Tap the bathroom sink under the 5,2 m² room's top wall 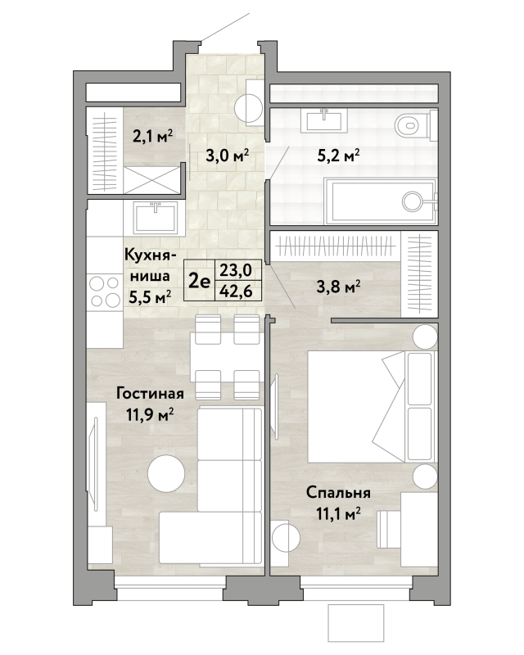tap(325, 120)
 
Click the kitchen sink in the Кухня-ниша tap(156, 217)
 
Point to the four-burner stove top tap(105, 291)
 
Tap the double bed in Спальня tap(373, 406)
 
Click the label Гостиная tap(150, 394)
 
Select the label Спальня tap(338, 493)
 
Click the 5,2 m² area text tap(338, 156)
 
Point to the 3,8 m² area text tap(338, 287)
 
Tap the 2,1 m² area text tap(153, 136)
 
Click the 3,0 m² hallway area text tap(228, 156)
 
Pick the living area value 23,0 tap(236, 270)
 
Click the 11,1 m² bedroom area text tap(338, 513)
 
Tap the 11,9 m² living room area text tap(150, 415)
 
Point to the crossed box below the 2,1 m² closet tap(151, 179)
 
